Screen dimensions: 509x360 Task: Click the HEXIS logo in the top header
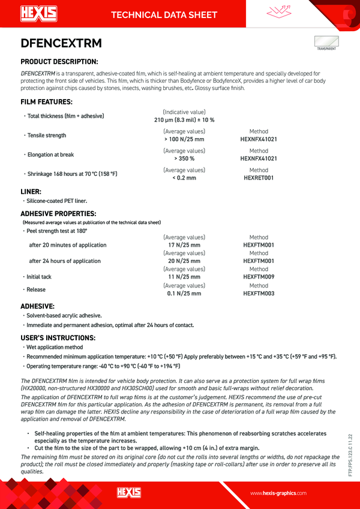[38, 13]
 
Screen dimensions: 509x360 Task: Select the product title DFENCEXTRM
[61, 43]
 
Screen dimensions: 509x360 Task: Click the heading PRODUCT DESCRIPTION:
[59, 61]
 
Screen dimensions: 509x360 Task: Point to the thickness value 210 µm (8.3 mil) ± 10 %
[184, 120]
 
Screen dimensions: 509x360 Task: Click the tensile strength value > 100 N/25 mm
[184, 139]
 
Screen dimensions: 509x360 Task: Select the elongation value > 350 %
[184, 158]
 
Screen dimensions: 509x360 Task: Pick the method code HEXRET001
[259, 178]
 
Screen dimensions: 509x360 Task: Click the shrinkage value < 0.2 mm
[184, 178]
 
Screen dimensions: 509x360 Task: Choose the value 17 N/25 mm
[184, 245]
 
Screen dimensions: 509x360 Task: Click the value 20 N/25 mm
[184, 261]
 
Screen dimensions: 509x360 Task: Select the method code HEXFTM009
[259, 277]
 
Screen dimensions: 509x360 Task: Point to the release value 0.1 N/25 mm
[184, 294]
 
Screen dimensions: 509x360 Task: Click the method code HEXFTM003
[259, 294]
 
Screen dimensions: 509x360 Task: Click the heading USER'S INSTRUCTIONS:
[58, 337]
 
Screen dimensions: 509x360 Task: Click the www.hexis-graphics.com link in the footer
[278, 493]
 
